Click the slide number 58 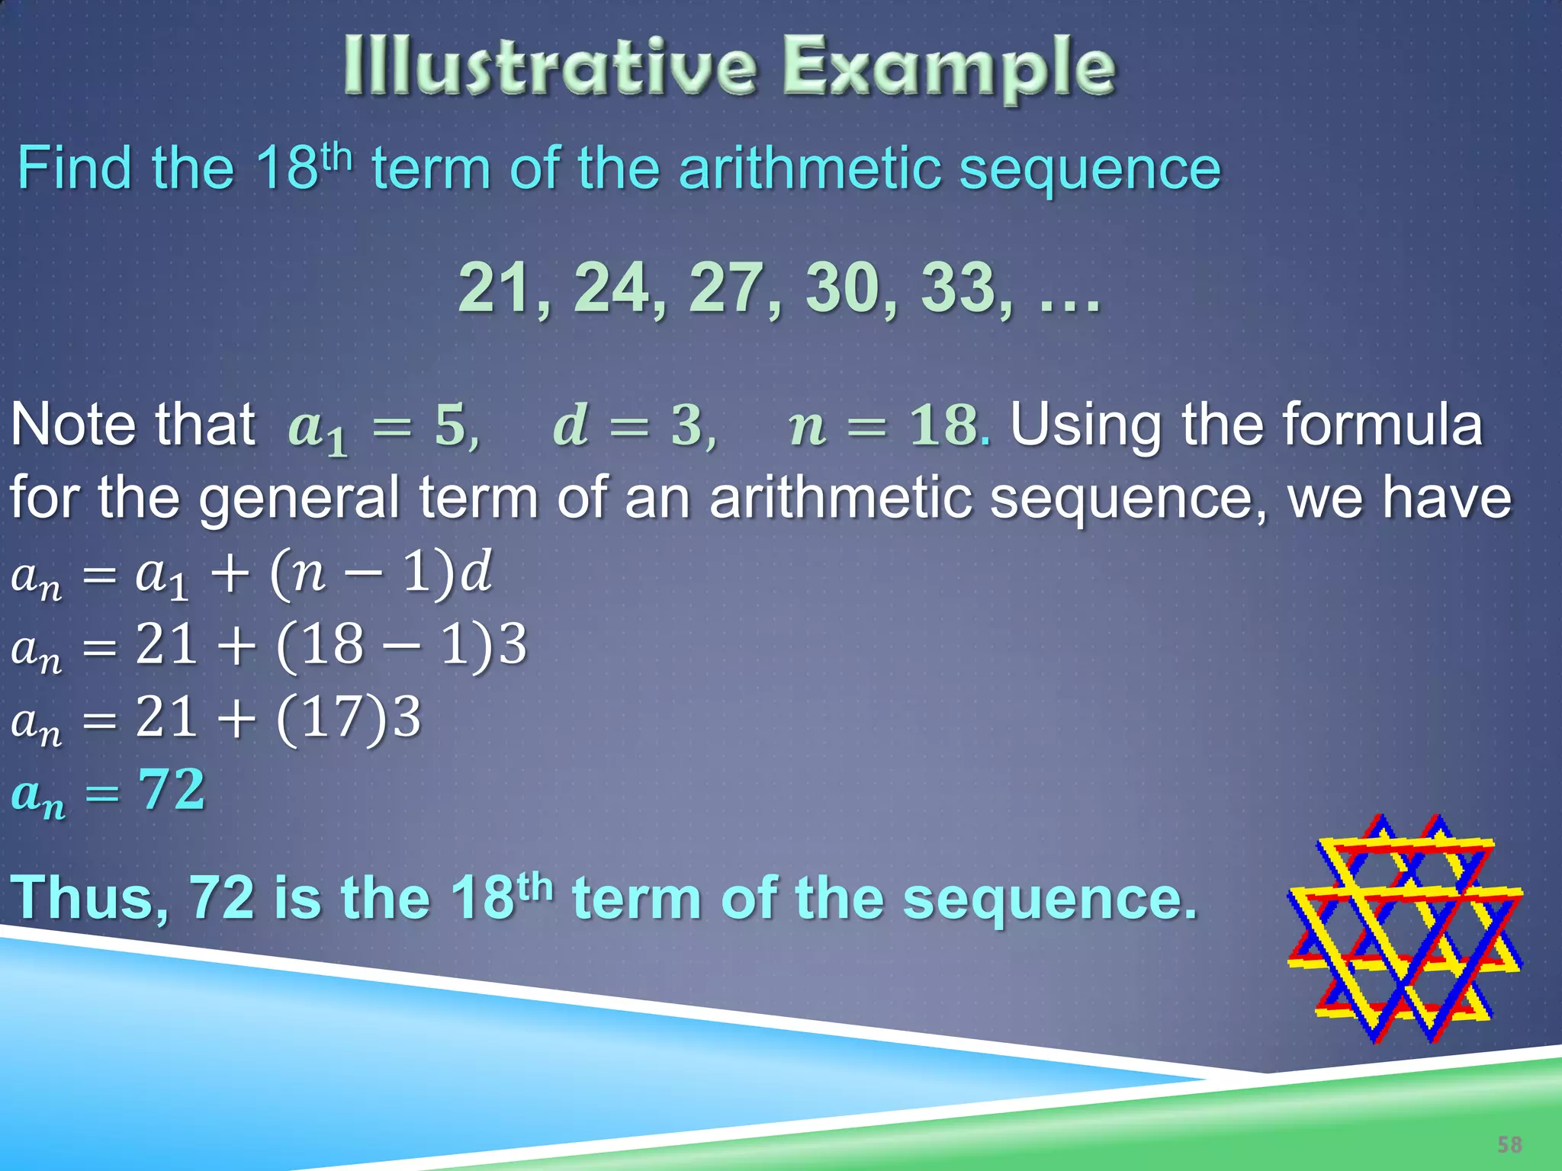pos(1509,1144)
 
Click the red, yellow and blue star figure pos(1405,929)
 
